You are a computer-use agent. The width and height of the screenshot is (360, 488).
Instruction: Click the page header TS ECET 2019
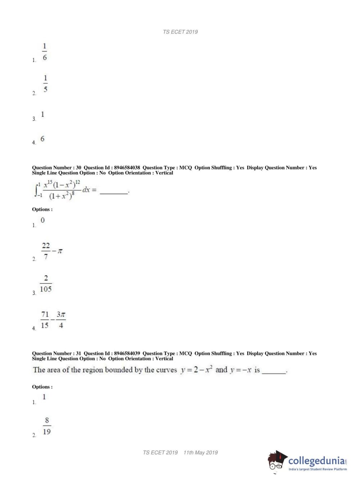tap(180, 32)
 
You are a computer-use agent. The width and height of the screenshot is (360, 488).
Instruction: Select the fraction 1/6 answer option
tap(45, 52)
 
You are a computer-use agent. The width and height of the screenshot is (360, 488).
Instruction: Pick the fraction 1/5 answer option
tap(45, 83)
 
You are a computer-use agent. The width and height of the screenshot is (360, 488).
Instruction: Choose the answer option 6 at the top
tap(42, 139)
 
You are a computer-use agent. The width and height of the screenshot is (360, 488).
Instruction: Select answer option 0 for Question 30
tap(43, 220)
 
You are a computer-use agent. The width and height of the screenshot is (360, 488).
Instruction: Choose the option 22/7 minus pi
tap(52, 251)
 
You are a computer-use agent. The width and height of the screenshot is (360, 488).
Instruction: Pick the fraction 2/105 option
tap(46, 284)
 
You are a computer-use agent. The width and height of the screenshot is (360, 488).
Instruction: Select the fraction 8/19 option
tap(47, 426)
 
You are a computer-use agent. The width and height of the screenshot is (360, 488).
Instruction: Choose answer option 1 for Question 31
tap(44, 397)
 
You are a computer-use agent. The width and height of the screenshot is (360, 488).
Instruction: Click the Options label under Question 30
tap(42, 209)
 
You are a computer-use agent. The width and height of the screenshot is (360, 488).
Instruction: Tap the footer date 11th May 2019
tap(201, 452)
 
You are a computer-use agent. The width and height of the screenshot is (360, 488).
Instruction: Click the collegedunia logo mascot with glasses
tap(277, 461)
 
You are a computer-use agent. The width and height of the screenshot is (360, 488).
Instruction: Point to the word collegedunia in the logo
tap(316, 460)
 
